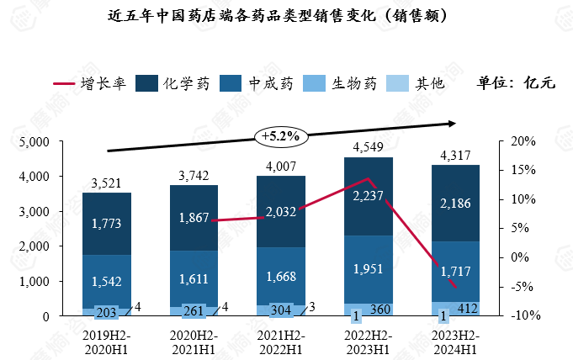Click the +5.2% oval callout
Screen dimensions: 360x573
pos(281,135)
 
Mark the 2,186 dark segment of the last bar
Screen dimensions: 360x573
pos(455,202)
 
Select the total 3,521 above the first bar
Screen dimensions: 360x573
pos(107,183)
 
